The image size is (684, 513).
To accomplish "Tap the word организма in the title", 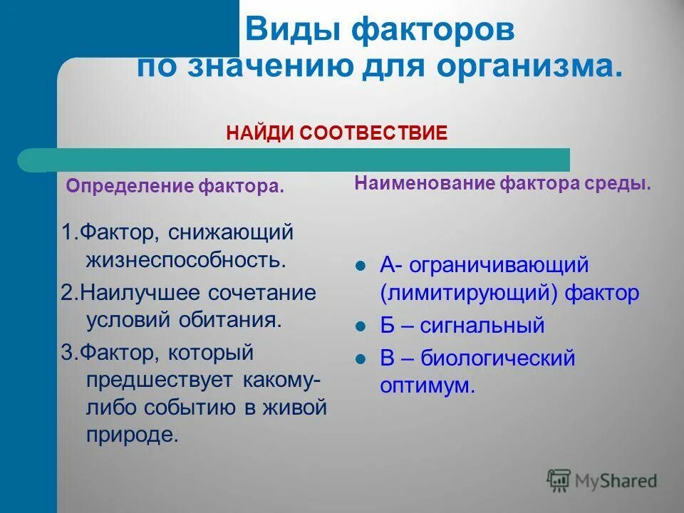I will tap(528, 67).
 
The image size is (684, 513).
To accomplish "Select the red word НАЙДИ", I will tap(258, 133).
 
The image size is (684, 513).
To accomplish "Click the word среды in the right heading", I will tap(624, 183).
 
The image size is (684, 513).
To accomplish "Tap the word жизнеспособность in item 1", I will tap(185, 258).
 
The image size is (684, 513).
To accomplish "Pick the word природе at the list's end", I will tap(132, 435).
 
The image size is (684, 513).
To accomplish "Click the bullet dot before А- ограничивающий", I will tap(360, 266).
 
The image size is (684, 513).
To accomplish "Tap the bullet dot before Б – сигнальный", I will tap(360, 327).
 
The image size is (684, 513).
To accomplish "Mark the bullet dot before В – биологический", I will tap(360, 359).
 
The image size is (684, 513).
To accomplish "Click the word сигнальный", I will tap(482, 326).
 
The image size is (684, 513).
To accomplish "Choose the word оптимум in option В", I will tap(425, 385).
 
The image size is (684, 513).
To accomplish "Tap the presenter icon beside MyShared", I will tap(559, 481).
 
